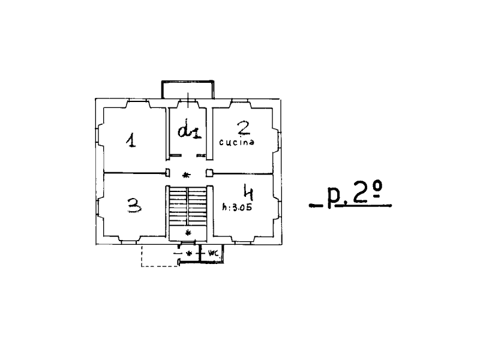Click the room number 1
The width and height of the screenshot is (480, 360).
(x=131, y=140)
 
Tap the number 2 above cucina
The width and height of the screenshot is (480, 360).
(x=244, y=128)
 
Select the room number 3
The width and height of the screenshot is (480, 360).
(x=134, y=205)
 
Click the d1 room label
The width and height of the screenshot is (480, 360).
(x=190, y=131)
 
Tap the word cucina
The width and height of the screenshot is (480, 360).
(x=236, y=142)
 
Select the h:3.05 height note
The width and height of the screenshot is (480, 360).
(x=237, y=208)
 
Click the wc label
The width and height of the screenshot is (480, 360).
(x=213, y=253)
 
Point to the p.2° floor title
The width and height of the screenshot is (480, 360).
(x=355, y=193)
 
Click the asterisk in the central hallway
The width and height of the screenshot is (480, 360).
(x=186, y=175)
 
